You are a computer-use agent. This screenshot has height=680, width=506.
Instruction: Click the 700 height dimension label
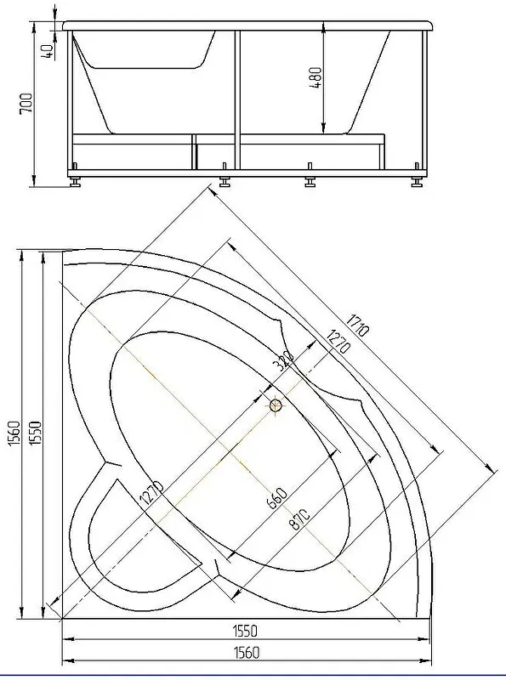point(26,103)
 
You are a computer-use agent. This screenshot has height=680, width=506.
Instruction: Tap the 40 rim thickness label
point(48,51)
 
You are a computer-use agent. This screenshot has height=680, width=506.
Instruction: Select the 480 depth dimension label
point(316,77)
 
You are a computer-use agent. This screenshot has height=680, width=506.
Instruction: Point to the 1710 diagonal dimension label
point(357,325)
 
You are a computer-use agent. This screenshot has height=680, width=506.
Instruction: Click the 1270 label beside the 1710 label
point(338,342)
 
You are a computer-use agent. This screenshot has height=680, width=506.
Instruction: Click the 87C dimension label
point(299,518)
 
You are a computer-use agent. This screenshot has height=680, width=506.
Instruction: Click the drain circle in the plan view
point(276,406)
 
